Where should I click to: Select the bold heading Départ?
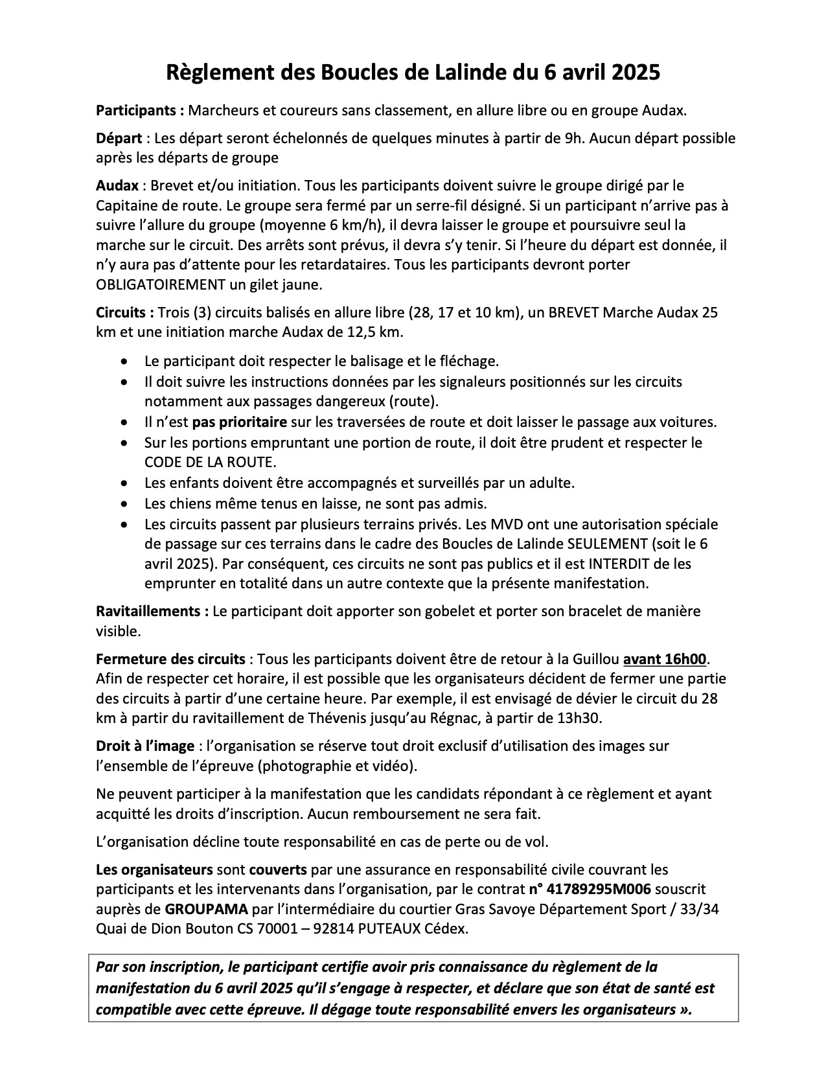tap(119, 138)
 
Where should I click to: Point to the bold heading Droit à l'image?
tap(144, 746)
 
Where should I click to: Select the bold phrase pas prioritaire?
tap(239, 422)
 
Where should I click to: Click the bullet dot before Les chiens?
tap(124, 503)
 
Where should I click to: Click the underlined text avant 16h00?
tap(664, 660)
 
